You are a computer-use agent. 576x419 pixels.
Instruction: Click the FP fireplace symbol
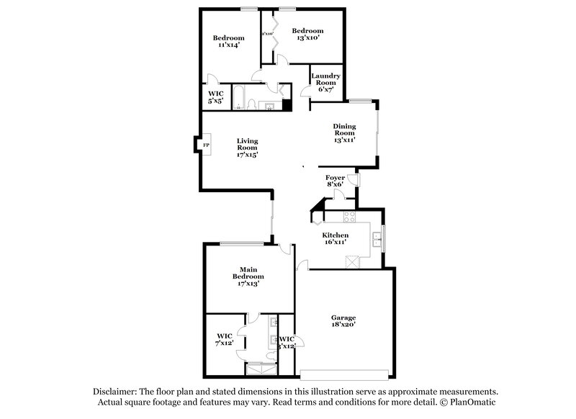pos(205,145)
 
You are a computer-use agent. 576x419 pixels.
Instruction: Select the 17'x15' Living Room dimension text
pos(247,154)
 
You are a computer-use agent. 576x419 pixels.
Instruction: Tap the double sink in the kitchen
pos(377,238)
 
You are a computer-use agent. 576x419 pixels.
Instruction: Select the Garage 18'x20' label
pos(343,321)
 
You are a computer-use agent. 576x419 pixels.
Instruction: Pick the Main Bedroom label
pos(248,276)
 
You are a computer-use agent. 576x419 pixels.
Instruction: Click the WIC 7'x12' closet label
pos(225,339)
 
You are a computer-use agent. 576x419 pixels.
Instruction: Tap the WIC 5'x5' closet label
pos(216,98)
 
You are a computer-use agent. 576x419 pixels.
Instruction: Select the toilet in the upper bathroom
pos(252,105)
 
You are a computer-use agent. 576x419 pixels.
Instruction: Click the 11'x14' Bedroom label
pos(228,41)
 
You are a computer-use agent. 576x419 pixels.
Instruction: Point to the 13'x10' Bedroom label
pos(307,34)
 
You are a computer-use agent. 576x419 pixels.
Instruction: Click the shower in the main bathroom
pos(261,369)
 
